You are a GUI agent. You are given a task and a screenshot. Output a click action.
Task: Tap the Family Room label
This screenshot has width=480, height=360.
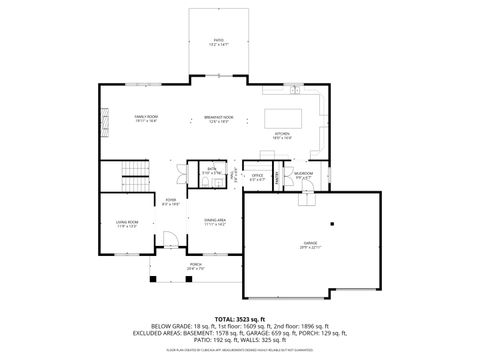click(147, 119)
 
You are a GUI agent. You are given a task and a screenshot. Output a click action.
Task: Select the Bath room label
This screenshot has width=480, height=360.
click(212, 171)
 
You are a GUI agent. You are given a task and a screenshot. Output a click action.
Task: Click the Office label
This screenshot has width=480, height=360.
click(257, 177)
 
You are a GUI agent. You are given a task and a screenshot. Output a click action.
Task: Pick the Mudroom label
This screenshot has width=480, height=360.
click(303, 176)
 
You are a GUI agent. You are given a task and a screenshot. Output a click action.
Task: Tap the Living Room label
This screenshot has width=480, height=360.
click(126, 224)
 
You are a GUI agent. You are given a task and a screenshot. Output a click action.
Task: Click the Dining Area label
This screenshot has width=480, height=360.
click(215, 222)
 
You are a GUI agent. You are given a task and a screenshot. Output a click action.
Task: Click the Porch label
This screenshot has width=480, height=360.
click(193, 266)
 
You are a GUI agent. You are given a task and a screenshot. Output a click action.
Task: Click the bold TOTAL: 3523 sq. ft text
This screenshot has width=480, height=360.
click(240, 317)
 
